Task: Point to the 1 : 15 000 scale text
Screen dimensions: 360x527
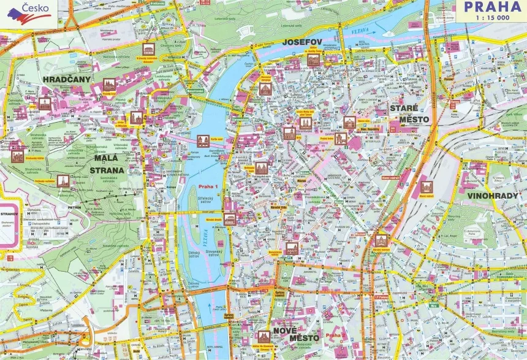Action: pos(491,18)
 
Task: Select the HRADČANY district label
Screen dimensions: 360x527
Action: pos(67,80)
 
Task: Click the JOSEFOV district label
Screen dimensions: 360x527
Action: pos(303,42)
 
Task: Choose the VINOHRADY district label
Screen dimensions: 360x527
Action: pos(494,196)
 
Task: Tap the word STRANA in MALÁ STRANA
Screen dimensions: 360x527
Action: pos(108,170)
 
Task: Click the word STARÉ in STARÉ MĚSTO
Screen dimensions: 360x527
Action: pos(404,108)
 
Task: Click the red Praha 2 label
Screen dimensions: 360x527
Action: pos(333,336)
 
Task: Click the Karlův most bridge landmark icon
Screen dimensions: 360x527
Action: pos(202,140)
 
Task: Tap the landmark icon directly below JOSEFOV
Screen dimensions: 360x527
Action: pos(313,59)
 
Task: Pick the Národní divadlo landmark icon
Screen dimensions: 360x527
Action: pos(230,219)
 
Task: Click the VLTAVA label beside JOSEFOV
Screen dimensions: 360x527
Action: pos(355,31)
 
